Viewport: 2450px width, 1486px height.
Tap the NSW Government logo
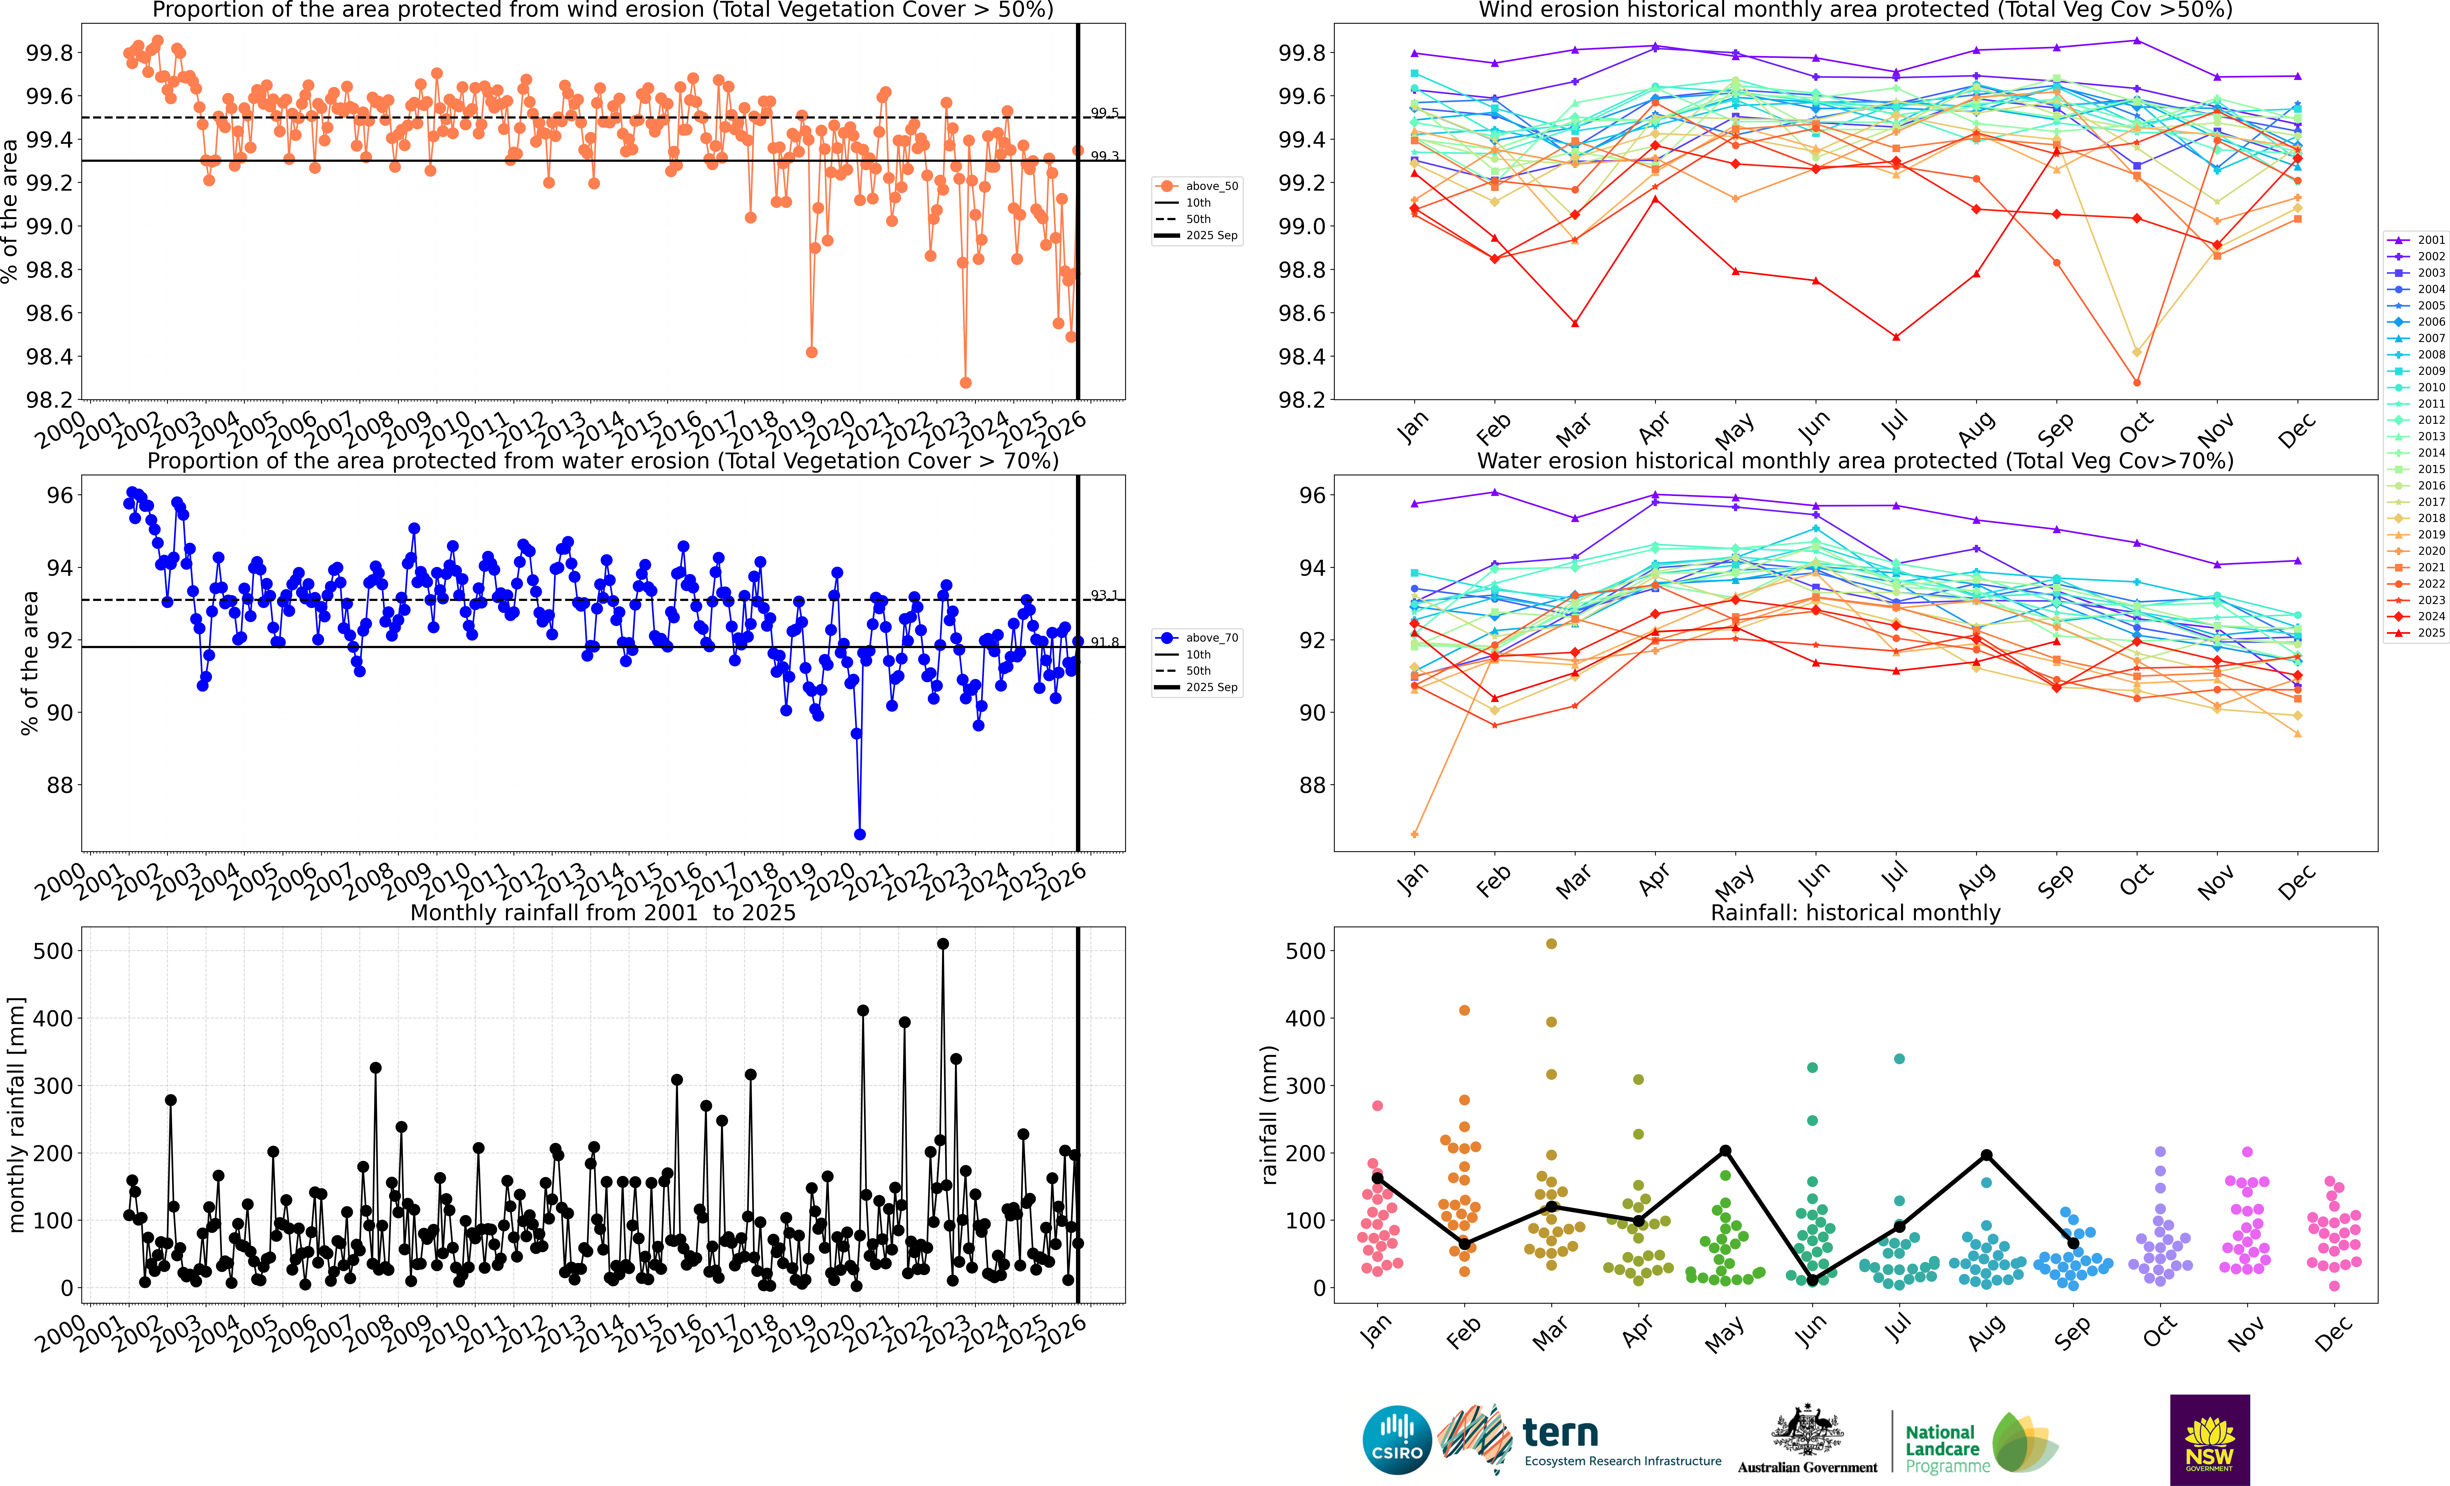[x=2209, y=1439]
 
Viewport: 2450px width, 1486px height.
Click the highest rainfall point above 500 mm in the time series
[x=943, y=944]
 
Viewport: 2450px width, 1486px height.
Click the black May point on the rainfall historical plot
[x=1725, y=1151]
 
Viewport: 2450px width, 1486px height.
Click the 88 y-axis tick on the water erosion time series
[x=60, y=785]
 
